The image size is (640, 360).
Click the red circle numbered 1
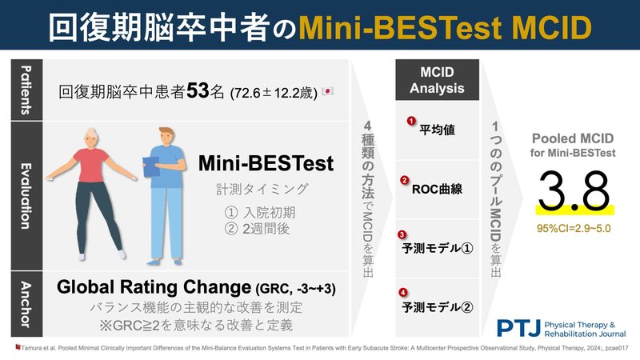point(410,122)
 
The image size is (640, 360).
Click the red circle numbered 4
point(403,292)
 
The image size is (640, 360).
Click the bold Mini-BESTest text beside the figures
point(266,164)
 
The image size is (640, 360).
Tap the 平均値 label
point(438,130)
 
